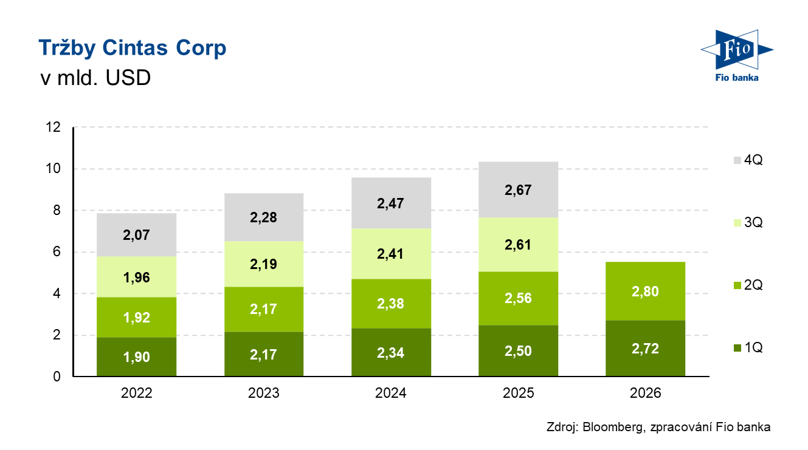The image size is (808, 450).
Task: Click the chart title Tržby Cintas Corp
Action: [132, 49]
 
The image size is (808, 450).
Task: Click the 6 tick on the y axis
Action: [57, 252]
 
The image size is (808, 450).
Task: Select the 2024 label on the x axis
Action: [391, 394]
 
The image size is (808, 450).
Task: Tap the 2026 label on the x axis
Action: [646, 394]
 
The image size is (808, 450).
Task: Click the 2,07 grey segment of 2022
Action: [136, 234]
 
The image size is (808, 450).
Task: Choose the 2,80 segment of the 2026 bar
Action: [646, 291]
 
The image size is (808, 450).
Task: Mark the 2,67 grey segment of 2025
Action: [519, 189]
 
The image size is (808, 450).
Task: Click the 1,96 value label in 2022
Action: [136, 278]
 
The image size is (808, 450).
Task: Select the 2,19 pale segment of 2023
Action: [264, 264]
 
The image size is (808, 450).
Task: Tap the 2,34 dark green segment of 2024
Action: [391, 353]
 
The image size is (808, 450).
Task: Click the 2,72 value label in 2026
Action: [646, 349]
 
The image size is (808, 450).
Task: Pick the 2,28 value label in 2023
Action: [264, 217]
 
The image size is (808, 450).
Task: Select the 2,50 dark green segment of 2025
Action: [519, 351]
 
